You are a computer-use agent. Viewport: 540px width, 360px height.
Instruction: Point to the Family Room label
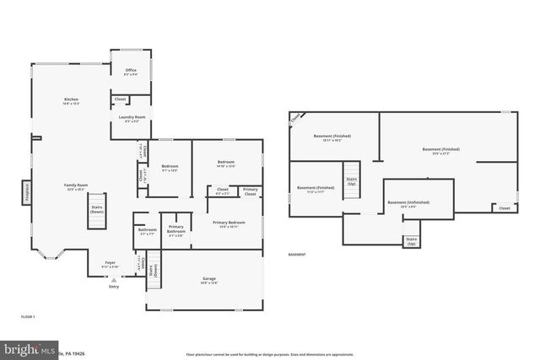click(76, 186)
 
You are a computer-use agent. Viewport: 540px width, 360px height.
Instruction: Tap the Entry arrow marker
click(114, 279)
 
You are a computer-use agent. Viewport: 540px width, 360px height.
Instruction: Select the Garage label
click(208, 280)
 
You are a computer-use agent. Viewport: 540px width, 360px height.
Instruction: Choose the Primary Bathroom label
click(175, 229)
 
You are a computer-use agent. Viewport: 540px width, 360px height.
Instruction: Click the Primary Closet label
click(251, 191)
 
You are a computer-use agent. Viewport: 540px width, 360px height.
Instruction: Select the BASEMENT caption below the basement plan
click(297, 254)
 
